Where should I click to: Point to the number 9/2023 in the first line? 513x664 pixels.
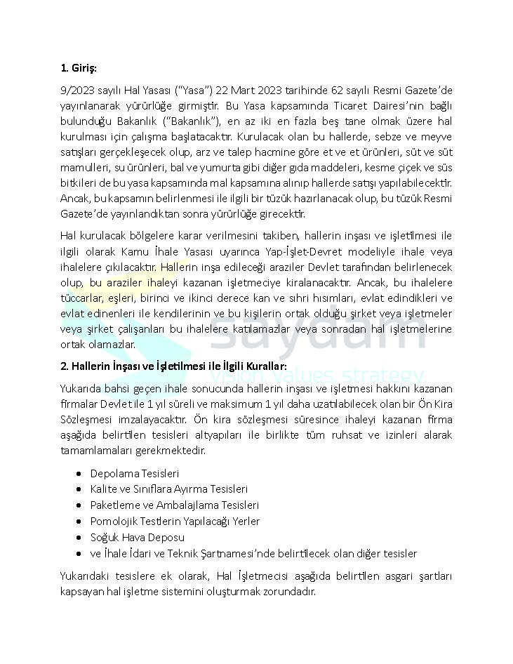click(x=76, y=91)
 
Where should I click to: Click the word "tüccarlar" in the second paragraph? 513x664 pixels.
click(x=81, y=298)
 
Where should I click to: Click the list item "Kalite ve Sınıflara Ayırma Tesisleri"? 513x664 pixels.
click(x=168, y=489)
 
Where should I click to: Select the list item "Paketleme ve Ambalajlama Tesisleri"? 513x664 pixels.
click(x=174, y=505)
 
